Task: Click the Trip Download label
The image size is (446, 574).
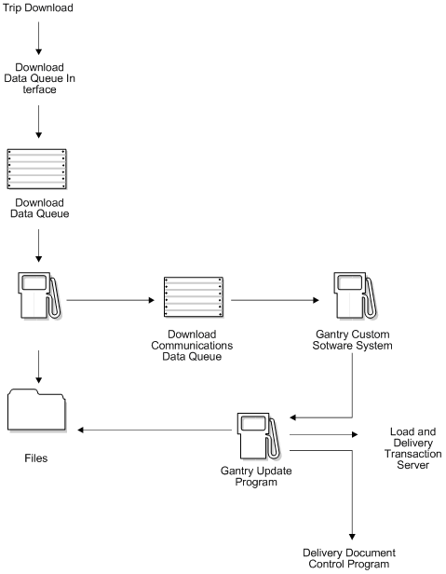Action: click(38, 8)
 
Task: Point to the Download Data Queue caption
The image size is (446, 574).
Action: click(38, 208)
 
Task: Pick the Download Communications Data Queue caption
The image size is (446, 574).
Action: click(194, 345)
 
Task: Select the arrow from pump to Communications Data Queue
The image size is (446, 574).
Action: click(110, 301)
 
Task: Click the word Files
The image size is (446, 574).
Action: click(38, 458)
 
